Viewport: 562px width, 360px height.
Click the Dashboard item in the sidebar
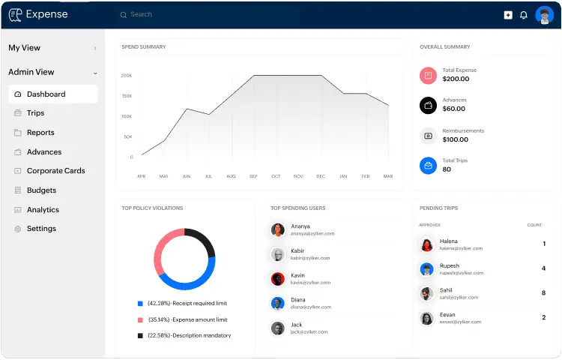click(x=46, y=94)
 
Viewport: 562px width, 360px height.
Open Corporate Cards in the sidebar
click(x=55, y=171)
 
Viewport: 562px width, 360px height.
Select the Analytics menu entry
click(x=43, y=210)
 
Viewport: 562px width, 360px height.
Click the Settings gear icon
click(x=18, y=229)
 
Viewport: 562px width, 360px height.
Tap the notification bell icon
click(x=524, y=15)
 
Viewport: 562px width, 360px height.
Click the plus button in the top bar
click(x=508, y=15)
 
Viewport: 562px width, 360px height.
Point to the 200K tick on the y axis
click(x=127, y=76)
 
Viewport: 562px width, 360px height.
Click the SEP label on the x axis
click(x=253, y=176)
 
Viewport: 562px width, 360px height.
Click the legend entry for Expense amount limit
click(x=187, y=319)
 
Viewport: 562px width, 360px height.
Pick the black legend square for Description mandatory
click(x=140, y=335)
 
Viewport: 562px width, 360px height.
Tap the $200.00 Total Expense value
click(x=456, y=79)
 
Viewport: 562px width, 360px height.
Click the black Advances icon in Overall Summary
click(x=428, y=105)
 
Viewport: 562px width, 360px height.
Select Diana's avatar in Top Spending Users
click(x=277, y=303)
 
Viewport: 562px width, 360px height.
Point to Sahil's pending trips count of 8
click(x=543, y=292)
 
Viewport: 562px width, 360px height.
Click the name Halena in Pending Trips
click(x=449, y=241)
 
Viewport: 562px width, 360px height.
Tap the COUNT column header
click(x=534, y=225)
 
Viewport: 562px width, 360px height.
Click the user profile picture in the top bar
click(x=544, y=15)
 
